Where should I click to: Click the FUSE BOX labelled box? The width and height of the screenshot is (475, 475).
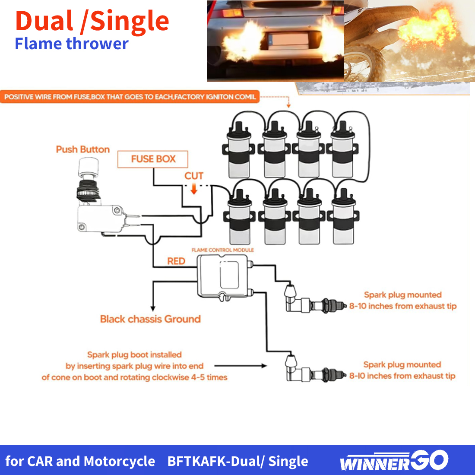(153, 159)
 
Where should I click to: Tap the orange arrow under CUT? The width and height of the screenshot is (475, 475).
(194, 190)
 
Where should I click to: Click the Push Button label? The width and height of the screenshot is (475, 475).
(83, 149)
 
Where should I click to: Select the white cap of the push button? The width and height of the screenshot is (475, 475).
(88, 167)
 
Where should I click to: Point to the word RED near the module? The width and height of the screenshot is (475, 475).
(176, 261)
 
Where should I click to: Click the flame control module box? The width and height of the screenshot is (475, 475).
(223, 277)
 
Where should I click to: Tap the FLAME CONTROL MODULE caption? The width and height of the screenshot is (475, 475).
(223, 250)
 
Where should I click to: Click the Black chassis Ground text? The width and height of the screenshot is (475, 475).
(150, 319)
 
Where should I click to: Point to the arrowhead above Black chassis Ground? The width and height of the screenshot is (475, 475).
(153, 309)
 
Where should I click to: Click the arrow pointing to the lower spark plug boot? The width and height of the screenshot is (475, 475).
(241, 366)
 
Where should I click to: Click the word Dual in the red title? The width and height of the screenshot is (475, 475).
(44, 21)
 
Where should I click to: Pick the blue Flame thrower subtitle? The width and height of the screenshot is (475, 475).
(72, 44)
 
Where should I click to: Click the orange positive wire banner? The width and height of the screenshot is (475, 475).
(130, 97)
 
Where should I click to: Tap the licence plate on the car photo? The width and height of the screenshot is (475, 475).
(286, 41)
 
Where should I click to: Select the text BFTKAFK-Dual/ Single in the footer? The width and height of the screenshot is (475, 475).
(238, 461)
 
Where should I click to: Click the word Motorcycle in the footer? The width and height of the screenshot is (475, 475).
(119, 461)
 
